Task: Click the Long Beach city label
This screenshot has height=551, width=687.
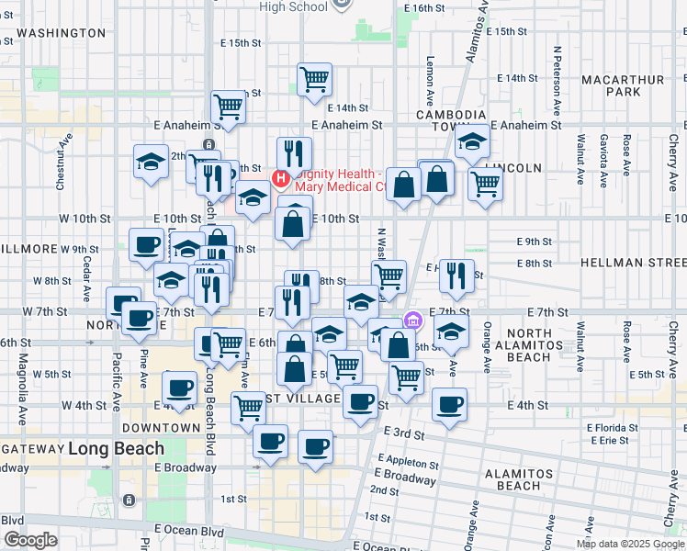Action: click(x=116, y=449)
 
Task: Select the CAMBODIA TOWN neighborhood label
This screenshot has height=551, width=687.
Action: click(x=450, y=121)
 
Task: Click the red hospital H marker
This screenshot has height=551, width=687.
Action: click(x=282, y=176)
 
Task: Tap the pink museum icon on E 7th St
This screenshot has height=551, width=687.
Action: click(x=412, y=320)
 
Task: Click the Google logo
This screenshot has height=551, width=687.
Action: click(x=30, y=540)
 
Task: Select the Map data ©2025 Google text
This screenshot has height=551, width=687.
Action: click(x=629, y=544)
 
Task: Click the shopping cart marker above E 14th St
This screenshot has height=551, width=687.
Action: click(x=314, y=79)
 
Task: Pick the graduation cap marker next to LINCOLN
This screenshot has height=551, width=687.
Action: click(x=472, y=141)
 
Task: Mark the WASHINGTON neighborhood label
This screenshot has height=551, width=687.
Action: click(x=62, y=32)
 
